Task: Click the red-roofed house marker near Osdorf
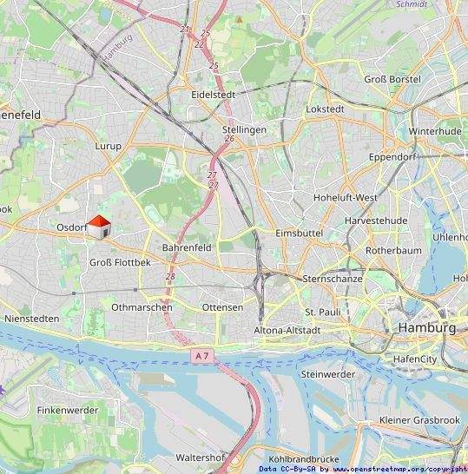pos(100,228)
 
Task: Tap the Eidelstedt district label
pos(214,93)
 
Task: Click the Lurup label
pos(109,147)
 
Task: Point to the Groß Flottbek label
pos(121,261)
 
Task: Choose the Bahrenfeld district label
pos(187,247)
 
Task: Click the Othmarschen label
pos(142,307)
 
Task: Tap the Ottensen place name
pos(222,307)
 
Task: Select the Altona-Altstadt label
pos(287,331)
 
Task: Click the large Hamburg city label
pos(426,328)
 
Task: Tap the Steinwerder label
pos(327,373)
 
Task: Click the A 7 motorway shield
pos(202,355)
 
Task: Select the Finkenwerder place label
pos(70,409)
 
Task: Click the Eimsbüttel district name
pos(298,234)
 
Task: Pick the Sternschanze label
pos(333,279)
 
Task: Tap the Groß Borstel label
pos(392,79)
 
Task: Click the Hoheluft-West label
pos(345,197)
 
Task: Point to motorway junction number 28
pos(170,276)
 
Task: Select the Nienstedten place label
pos(32,319)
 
